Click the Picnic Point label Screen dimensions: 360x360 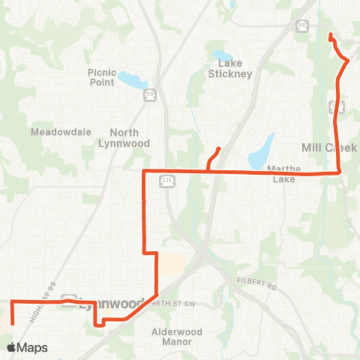(x=102, y=77)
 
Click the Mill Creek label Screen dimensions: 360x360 (x=328, y=148)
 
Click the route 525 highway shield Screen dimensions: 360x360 (x=167, y=181)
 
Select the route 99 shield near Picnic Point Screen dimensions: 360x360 (x=150, y=94)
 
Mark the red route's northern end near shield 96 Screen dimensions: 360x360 (x=331, y=34)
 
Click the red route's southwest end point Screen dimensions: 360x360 (x=13, y=323)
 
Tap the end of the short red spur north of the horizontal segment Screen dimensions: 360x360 (x=219, y=148)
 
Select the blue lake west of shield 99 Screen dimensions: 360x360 (x=128, y=78)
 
